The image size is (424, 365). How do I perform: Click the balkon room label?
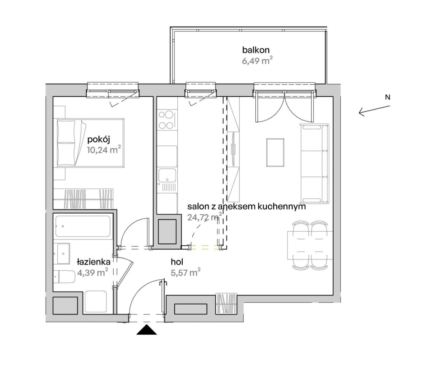point(256,50)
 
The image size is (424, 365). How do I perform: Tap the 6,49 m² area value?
point(257,60)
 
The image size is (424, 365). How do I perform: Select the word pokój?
point(99,140)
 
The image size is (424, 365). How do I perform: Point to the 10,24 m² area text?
point(104,150)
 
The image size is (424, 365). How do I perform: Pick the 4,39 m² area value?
point(93,272)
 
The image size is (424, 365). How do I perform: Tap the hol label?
point(177,262)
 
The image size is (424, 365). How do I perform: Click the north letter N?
point(388,97)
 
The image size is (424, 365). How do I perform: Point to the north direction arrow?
point(374,111)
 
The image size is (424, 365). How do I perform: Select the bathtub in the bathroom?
point(83,226)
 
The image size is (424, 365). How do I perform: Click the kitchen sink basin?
point(167,175)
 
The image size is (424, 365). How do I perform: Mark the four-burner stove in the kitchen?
point(166,120)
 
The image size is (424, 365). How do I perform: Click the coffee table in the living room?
point(275,152)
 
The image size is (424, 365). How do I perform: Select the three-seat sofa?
point(315,164)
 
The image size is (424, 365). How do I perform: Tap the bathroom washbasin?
point(63,254)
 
